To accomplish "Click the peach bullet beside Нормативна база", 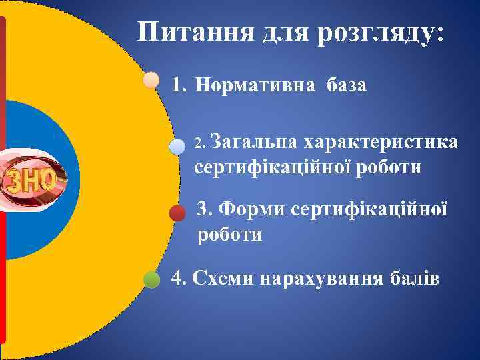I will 151,80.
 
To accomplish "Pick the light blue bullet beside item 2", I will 177,147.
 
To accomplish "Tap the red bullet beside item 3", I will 177,213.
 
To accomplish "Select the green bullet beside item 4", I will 152,279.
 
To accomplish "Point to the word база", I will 347,85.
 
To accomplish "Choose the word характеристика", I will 381,142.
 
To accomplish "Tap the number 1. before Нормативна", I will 178,85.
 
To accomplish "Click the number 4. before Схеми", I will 178,278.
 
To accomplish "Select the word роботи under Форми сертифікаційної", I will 229,235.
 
